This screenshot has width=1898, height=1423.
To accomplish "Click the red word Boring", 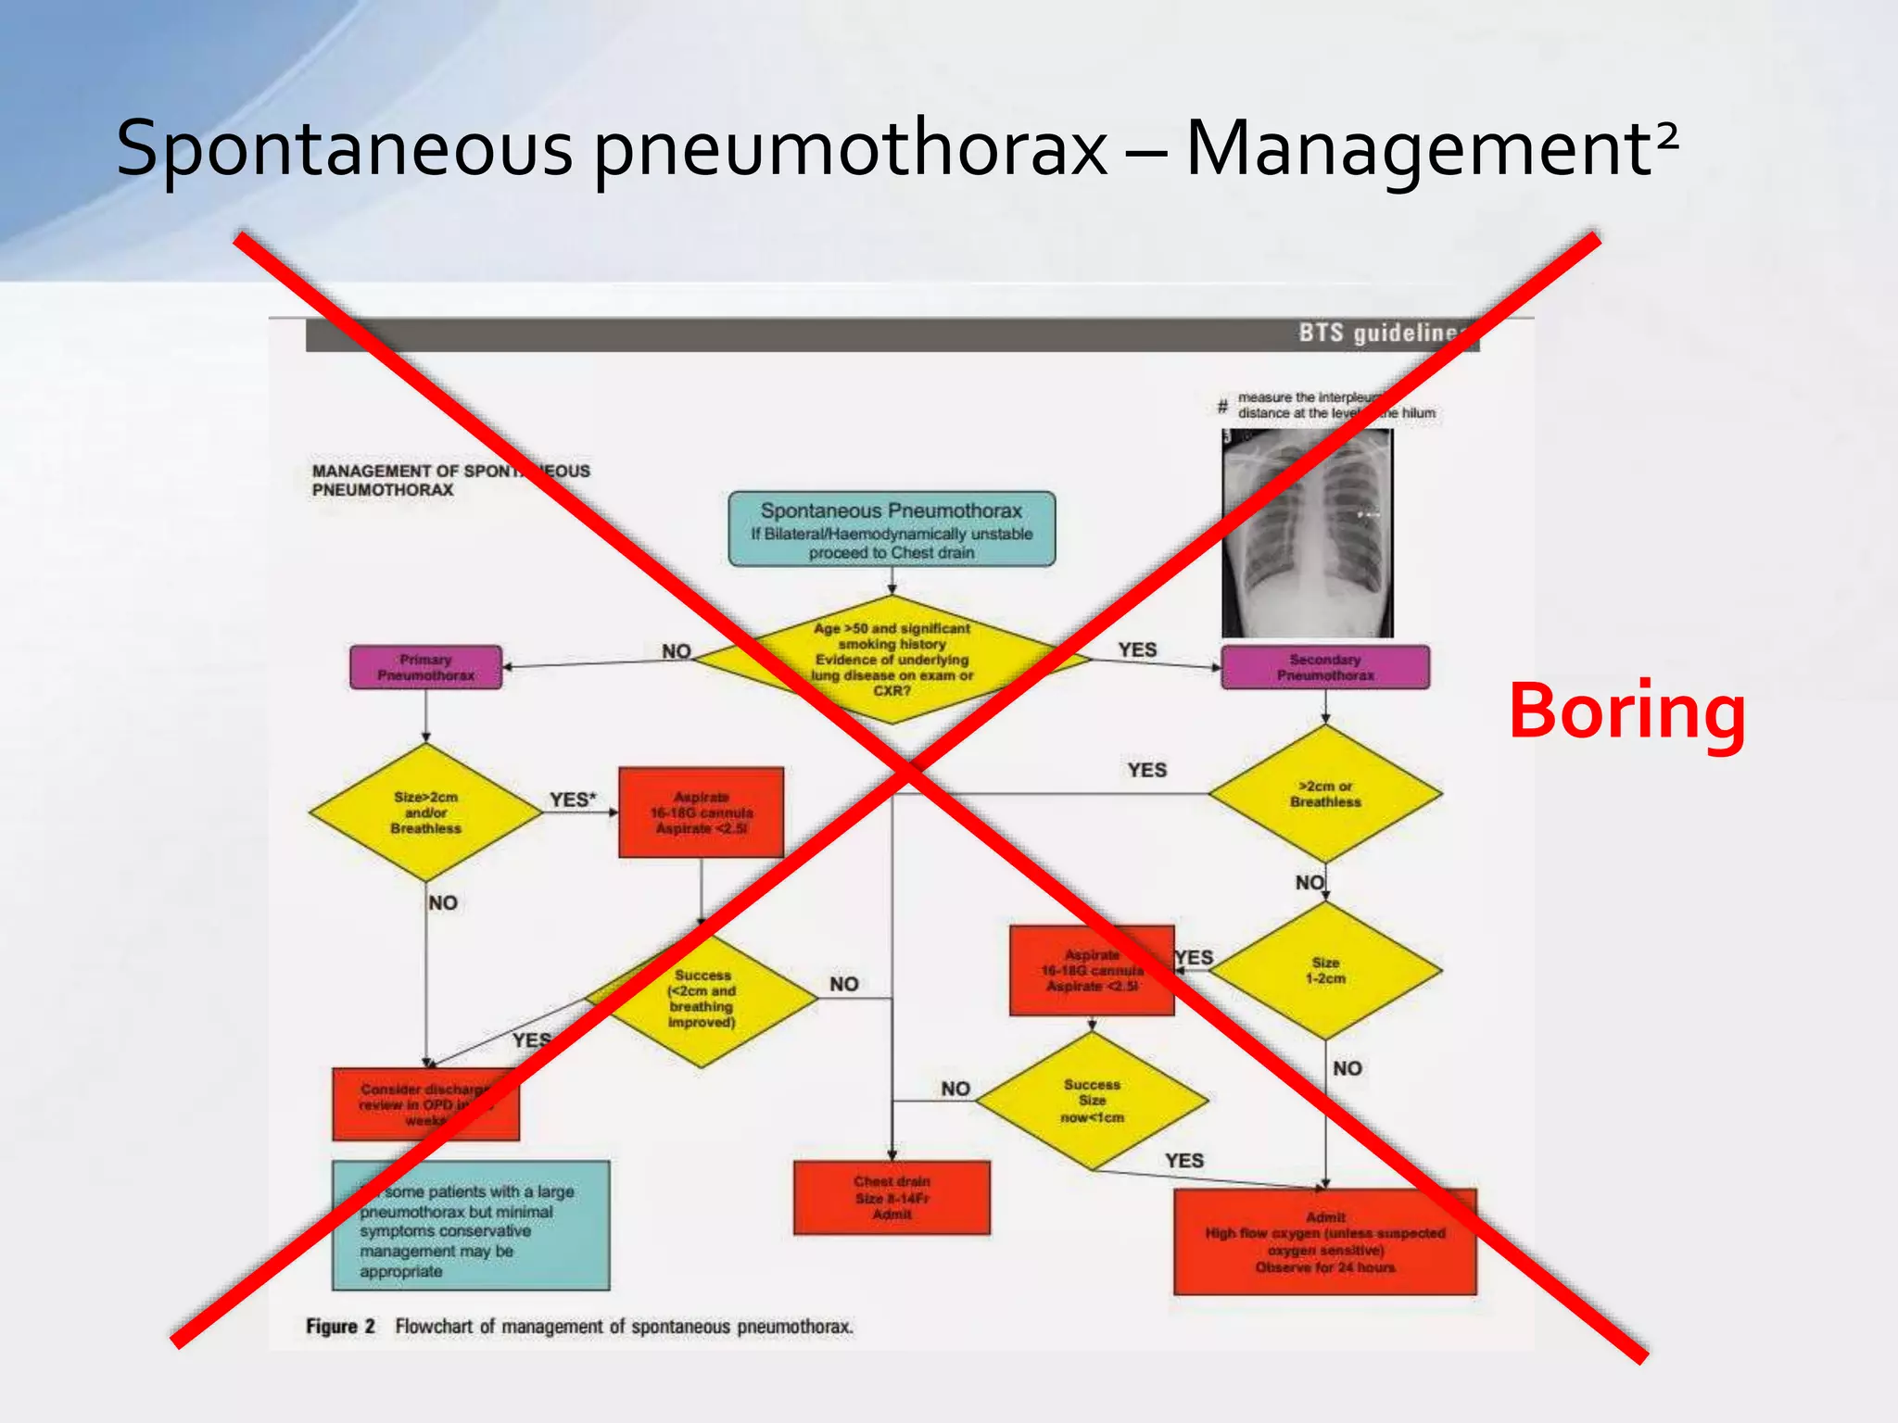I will pyautogui.click(x=1626, y=711).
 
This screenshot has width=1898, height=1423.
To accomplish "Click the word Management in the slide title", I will pyautogui.click(x=1418, y=148).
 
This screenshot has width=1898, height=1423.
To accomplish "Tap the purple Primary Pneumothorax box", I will pyautogui.click(x=425, y=667).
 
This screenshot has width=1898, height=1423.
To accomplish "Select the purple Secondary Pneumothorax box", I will pyautogui.click(x=1325, y=667).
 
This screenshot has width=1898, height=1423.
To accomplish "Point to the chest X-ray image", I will pyautogui.click(x=1307, y=534).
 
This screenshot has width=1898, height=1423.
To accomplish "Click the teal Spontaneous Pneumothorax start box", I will pyautogui.click(x=892, y=529).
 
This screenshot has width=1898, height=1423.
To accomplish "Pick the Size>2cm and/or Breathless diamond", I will pyautogui.click(x=425, y=812).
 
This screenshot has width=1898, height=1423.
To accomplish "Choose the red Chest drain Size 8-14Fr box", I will pyautogui.click(x=892, y=1197).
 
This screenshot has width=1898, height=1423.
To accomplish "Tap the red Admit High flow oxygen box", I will pyautogui.click(x=1325, y=1241).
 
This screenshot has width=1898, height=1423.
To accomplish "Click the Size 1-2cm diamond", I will pyautogui.click(x=1325, y=970).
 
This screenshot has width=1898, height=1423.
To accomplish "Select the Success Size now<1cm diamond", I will pyautogui.click(x=1092, y=1101).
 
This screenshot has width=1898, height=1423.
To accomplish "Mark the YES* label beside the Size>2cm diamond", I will pyautogui.click(x=573, y=800).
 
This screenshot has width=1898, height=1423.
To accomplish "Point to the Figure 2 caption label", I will pyautogui.click(x=340, y=1326).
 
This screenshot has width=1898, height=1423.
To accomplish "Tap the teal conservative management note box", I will pyautogui.click(x=471, y=1225).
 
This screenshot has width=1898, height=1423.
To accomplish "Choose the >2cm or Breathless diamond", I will pyautogui.click(x=1325, y=794).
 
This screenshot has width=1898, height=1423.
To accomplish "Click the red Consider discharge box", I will pyautogui.click(x=425, y=1104).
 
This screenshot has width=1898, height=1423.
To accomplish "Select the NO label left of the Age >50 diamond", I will pyautogui.click(x=677, y=651).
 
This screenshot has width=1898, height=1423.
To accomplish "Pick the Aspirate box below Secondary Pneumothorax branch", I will pyautogui.click(x=1092, y=970).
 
